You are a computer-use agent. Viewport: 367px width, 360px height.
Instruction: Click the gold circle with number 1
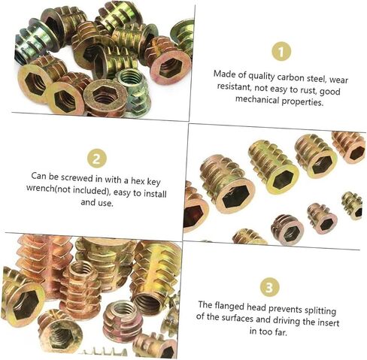281,51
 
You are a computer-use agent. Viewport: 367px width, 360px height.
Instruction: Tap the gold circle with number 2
97,159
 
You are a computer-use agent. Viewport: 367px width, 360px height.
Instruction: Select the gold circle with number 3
268,287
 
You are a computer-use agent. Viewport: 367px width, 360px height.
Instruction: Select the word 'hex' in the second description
138,180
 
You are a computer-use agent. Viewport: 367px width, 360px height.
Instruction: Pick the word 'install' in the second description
155,194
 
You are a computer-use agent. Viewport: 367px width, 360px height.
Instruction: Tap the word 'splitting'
320,310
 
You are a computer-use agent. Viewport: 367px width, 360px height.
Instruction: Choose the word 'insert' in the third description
328,322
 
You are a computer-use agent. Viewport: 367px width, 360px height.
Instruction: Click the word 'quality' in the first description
261,76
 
